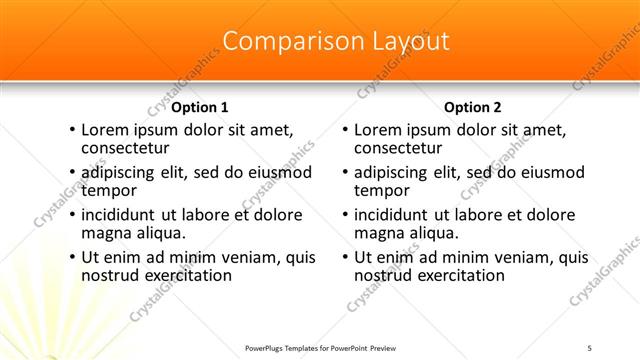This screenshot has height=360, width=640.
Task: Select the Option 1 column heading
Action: (200, 107)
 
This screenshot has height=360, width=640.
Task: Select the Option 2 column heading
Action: (473, 107)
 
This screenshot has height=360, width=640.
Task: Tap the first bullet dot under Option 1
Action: (71, 130)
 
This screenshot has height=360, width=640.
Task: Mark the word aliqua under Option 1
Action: (156, 233)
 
